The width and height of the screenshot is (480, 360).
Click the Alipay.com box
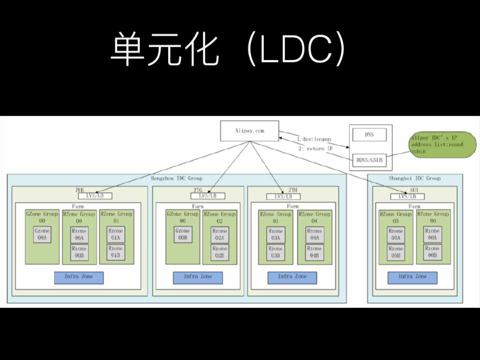click(x=249, y=131)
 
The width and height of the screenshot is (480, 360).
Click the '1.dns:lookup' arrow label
click(x=314, y=138)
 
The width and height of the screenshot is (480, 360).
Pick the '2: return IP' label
click(x=315, y=148)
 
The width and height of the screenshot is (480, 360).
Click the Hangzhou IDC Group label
click(x=176, y=178)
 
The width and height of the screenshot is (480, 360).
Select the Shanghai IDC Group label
click(x=414, y=178)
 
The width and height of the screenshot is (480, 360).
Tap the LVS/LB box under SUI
click(x=411, y=196)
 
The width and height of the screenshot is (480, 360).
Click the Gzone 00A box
click(x=42, y=234)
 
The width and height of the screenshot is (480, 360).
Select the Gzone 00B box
click(x=183, y=234)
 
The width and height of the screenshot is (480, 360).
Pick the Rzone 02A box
click(x=220, y=234)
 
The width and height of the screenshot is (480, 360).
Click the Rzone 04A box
click(x=315, y=234)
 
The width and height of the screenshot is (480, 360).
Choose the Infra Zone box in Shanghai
click(x=412, y=277)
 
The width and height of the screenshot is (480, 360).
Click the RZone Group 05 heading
click(x=396, y=217)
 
